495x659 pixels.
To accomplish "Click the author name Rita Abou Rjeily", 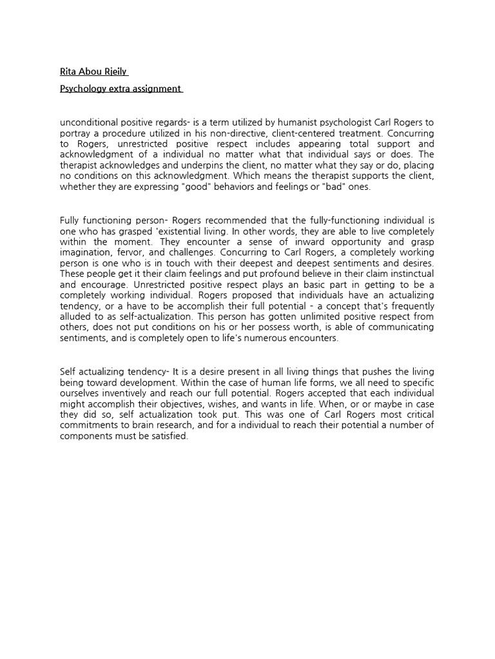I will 94,71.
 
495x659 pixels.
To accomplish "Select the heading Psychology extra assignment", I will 121,89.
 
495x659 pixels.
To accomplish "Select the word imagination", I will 82,253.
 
